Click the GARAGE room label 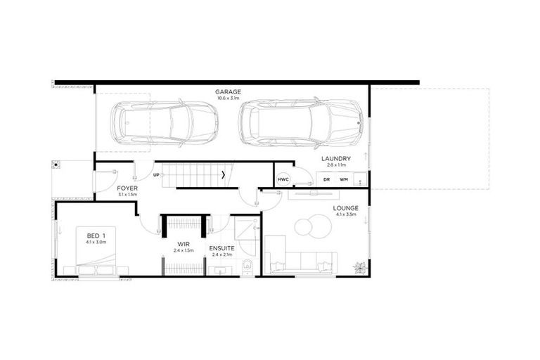[x=229, y=91]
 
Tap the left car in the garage [x=165, y=124]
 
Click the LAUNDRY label [x=335, y=158]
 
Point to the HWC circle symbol [x=283, y=179]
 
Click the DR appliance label [x=326, y=179]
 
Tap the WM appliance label [x=344, y=179]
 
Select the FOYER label [x=128, y=188]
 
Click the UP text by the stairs [x=155, y=174]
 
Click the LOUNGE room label [x=346, y=208]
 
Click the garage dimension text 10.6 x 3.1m [x=229, y=98]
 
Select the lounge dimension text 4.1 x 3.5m [x=346, y=214]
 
